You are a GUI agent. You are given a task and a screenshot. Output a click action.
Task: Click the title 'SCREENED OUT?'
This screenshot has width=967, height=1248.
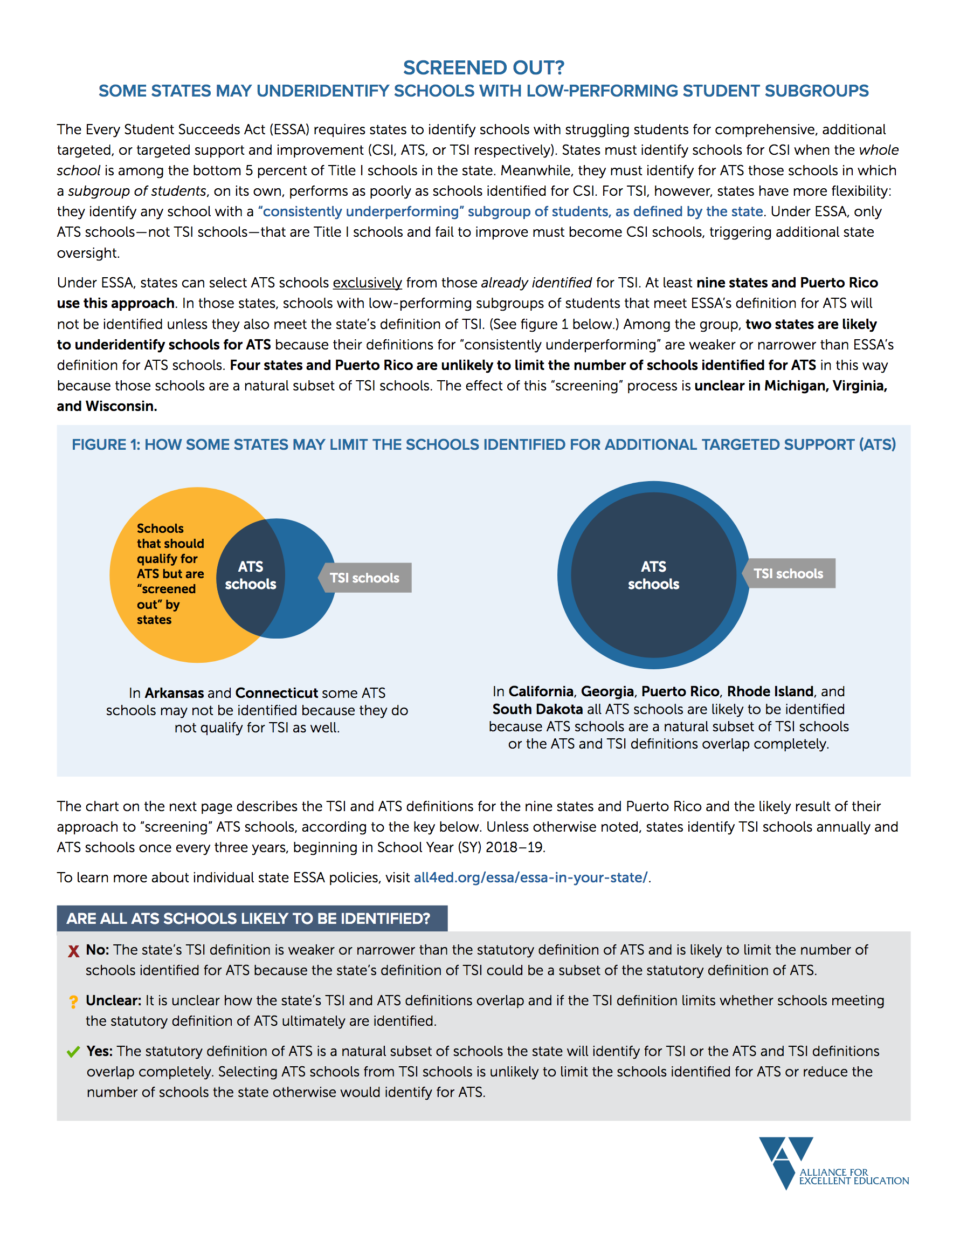483,67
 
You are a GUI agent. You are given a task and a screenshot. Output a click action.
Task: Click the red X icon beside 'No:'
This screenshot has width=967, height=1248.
73,951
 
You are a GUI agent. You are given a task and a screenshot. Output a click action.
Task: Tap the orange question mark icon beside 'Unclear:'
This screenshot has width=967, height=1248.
73,1002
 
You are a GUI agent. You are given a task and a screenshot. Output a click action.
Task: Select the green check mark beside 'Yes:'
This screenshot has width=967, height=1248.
73,1052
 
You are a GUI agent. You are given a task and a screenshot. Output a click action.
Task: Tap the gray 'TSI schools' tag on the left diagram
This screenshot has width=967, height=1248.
365,578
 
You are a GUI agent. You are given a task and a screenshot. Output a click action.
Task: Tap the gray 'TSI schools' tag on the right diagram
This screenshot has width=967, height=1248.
788,573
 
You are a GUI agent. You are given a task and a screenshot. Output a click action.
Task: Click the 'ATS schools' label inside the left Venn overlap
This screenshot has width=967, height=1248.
250,575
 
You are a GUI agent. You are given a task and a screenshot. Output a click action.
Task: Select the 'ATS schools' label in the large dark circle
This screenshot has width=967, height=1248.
653,575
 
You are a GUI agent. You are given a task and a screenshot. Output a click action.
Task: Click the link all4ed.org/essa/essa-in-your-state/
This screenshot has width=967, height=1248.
530,877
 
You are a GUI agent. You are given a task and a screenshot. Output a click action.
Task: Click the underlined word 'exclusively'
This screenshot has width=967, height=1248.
367,283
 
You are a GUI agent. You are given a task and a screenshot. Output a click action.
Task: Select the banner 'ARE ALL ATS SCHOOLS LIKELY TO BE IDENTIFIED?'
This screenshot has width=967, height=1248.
248,918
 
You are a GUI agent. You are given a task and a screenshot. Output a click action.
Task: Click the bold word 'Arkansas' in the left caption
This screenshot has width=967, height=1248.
174,693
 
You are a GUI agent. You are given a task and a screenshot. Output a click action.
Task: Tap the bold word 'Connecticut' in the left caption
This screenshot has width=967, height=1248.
276,693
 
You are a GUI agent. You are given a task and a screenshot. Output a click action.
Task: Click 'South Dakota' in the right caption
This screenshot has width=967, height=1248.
537,709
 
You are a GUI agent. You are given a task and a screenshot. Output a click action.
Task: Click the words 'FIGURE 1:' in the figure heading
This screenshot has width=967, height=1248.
106,444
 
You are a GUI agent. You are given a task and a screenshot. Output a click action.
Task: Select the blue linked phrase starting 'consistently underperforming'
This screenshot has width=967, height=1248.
510,211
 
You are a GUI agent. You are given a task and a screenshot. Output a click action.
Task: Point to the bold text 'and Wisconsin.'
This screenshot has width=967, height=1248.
107,406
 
